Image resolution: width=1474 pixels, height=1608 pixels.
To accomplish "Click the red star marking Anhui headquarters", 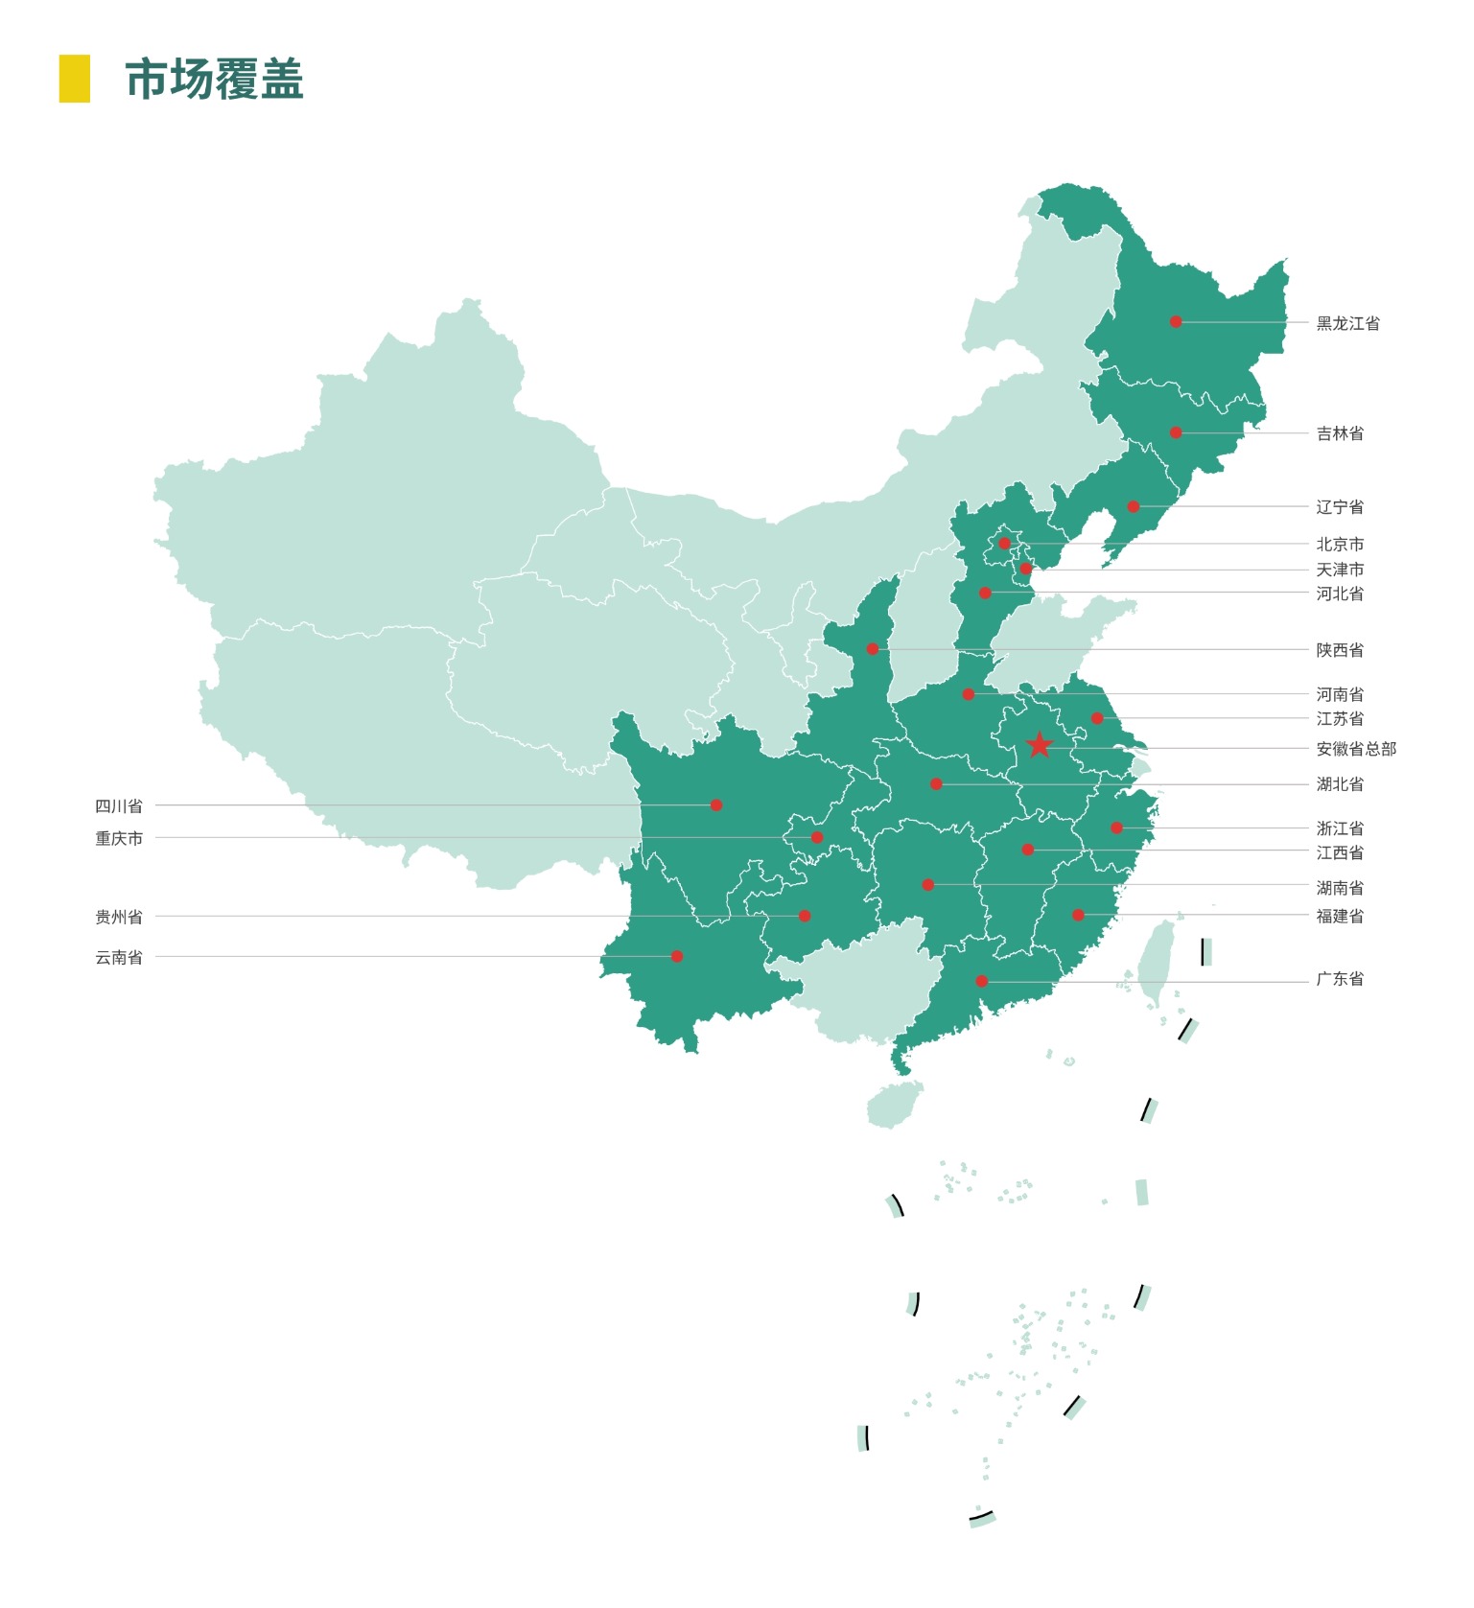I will click(x=1039, y=745).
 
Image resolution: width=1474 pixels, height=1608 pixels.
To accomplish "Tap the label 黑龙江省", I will click(x=1347, y=323).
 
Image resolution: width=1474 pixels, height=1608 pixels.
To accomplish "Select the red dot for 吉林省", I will click(x=1176, y=432).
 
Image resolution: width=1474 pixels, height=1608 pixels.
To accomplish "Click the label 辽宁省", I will click(x=1339, y=506).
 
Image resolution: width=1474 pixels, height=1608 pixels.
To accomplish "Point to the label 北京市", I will click(x=1339, y=544).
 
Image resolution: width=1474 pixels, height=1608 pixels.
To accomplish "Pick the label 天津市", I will click(x=1339, y=569).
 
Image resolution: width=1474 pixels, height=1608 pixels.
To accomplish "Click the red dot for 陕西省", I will click(x=872, y=649).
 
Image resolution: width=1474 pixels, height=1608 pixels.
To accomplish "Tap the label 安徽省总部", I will click(x=1355, y=749).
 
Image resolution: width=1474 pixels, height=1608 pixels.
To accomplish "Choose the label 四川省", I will click(x=119, y=805).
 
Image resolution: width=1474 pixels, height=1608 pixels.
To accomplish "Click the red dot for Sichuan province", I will click(x=715, y=805).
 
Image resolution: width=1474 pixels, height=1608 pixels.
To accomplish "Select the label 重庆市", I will click(x=119, y=838).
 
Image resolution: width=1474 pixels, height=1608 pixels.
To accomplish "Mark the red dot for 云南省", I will click(x=677, y=956).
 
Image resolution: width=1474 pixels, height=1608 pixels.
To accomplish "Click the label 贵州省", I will click(x=119, y=917).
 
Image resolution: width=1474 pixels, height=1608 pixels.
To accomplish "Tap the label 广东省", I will click(x=1339, y=979).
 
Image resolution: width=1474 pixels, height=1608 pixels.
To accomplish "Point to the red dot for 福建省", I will click(x=1078, y=915).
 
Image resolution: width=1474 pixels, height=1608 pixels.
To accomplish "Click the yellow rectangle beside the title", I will click(x=74, y=79).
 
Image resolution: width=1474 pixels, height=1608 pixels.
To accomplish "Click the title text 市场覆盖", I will click(x=215, y=79).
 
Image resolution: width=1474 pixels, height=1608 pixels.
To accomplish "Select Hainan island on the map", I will click(x=893, y=1105).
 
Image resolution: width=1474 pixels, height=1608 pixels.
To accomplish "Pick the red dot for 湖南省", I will click(x=927, y=885).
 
